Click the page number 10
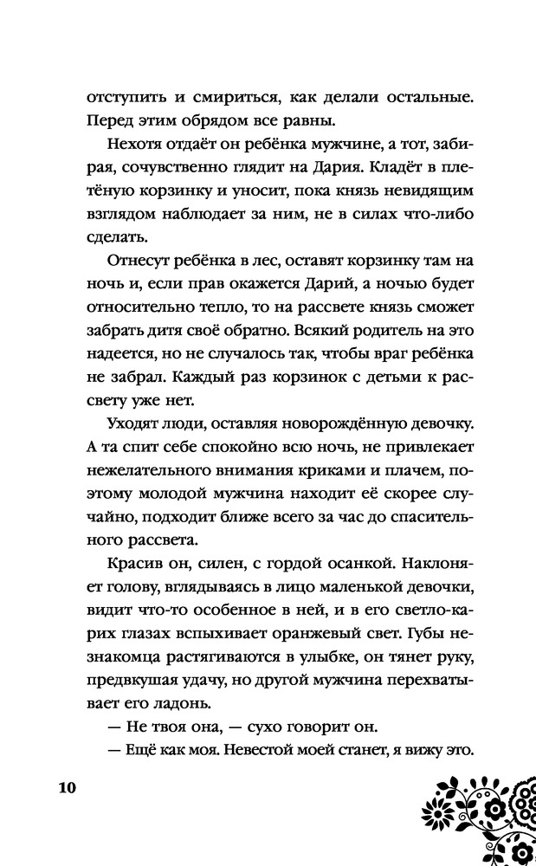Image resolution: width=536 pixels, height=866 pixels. click(x=68, y=788)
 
